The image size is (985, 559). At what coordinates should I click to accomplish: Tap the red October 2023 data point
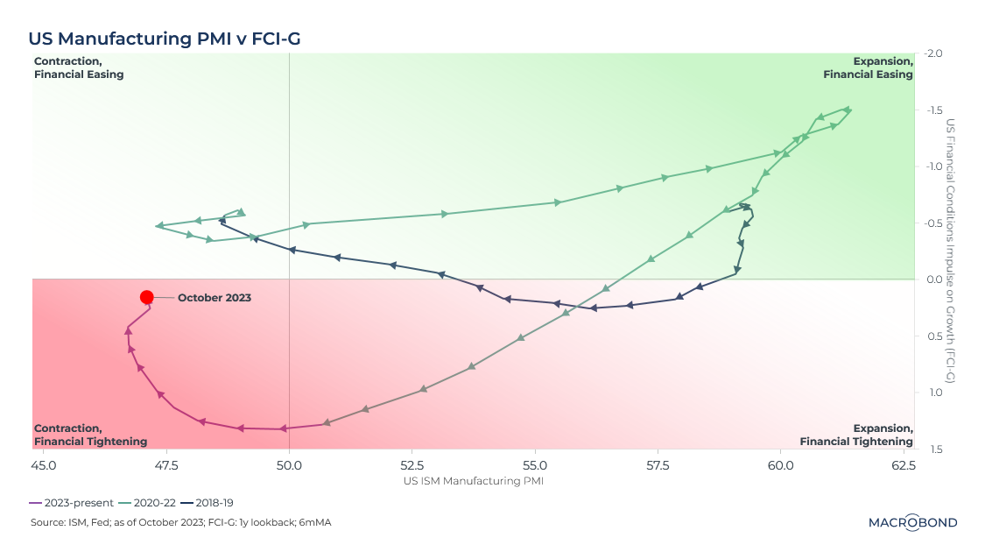pos(147,298)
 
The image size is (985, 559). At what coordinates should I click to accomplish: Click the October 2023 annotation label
pos(215,298)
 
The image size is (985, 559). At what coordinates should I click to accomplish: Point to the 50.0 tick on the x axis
pos(289,465)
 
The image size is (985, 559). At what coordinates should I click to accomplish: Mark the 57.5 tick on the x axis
pos(657,465)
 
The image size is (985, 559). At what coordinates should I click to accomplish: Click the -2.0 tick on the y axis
pos(932,53)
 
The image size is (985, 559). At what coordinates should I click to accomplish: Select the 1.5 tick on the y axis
pos(934,449)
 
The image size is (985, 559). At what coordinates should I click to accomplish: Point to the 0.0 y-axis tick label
pos(934,279)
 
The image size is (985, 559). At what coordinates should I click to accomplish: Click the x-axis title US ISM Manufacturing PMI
pos(474,481)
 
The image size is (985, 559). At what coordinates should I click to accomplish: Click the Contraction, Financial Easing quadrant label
pos(79,67)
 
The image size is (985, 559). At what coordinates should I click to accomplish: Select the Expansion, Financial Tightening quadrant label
pos(856,435)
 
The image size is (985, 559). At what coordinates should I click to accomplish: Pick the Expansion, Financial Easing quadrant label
pos(868,67)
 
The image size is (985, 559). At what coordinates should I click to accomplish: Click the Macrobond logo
pos(912,523)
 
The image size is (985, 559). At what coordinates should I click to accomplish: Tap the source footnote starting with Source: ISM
pos(179,523)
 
